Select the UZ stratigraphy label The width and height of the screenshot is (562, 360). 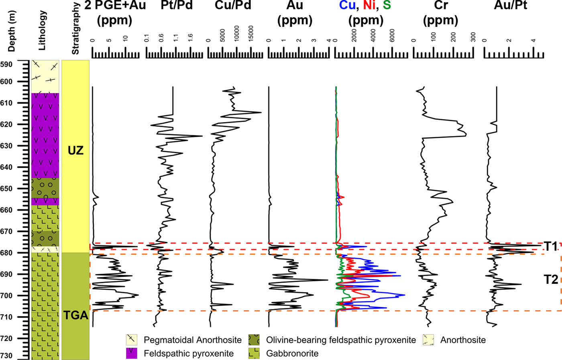pyautogui.click(x=75, y=151)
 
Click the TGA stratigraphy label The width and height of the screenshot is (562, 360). pyautogui.click(x=75, y=315)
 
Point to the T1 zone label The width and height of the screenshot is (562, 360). pyautogui.click(x=551, y=246)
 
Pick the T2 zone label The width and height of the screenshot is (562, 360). pyautogui.click(x=551, y=279)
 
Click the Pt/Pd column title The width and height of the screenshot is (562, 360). pyautogui.click(x=177, y=6)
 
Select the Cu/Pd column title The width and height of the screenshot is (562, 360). pyautogui.click(x=233, y=6)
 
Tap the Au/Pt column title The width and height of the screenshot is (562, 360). pyautogui.click(x=510, y=6)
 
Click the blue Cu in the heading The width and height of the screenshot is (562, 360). pyautogui.click(x=347, y=6)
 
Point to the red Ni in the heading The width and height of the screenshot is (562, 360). pyautogui.click(x=369, y=6)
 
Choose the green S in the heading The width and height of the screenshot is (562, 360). pyautogui.click(x=387, y=6)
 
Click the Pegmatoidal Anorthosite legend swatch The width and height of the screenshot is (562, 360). pyautogui.click(x=132, y=340)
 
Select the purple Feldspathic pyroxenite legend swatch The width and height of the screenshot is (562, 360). pyautogui.click(x=132, y=354)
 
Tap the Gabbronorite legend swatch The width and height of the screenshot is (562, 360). pyautogui.click(x=254, y=354)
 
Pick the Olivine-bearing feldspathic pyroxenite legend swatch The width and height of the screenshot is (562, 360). pyautogui.click(x=254, y=340)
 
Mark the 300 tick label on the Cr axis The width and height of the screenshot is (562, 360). pyautogui.click(x=473, y=37)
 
